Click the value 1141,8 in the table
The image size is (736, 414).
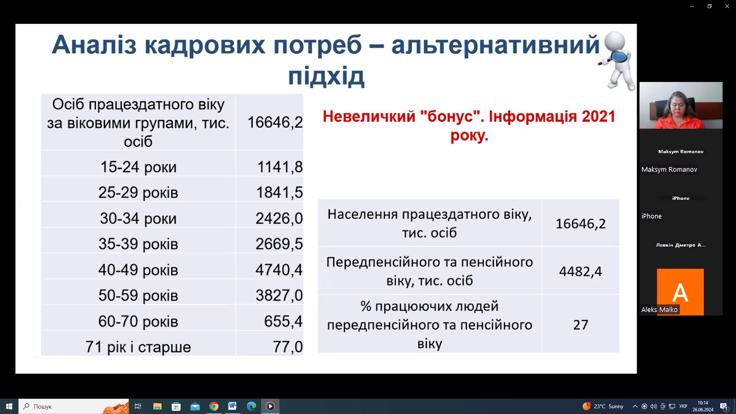click(280, 167)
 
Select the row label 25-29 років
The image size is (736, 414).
click(138, 192)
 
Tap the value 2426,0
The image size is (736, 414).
click(279, 219)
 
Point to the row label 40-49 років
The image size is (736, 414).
click(138, 270)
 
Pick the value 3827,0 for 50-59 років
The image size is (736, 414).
click(279, 296)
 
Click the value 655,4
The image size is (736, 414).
click(283, 321)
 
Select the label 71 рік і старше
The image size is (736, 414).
click(138, 347)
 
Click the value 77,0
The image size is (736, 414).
click(288, 347)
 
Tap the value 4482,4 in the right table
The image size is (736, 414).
click(580, 271)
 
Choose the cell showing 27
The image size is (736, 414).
click(580, 325)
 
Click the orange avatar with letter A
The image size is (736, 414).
click(680, 292)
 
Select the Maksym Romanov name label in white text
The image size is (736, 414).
click(669, 169)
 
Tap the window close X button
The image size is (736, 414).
click(727, 6)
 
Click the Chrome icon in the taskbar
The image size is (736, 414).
click(214, 406)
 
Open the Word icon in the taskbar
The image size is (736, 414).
click(232, 406)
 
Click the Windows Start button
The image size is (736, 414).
click(9, 406)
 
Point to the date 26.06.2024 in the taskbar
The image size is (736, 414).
click(703, 410)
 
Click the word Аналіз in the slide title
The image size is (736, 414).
click(94, 45)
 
